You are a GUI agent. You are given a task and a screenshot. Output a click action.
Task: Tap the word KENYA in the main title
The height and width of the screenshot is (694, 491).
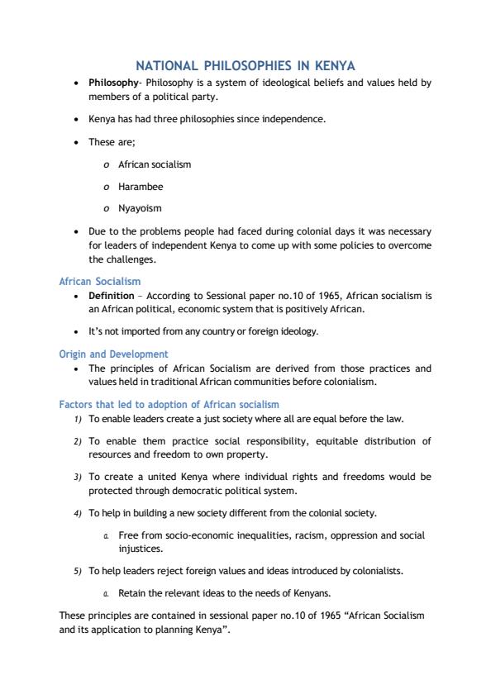click(x=332, y=65)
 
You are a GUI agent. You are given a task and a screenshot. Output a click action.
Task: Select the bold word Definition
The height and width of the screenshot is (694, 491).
click(x=111, y=295)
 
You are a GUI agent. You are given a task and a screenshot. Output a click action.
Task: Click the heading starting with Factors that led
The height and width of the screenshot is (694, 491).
click(x=169, y=405)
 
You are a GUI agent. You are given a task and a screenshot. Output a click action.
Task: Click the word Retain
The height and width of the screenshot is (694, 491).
click(x=133, y=593)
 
